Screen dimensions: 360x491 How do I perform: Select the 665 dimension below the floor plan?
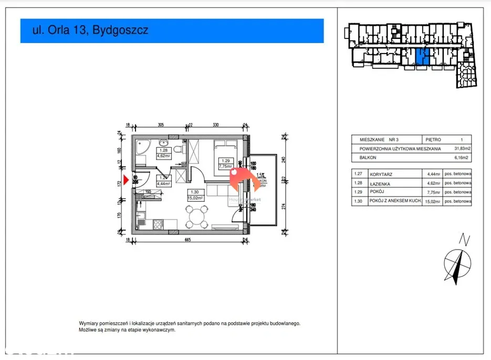click(187, 240)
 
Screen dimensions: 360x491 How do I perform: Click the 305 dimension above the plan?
click(161, 125)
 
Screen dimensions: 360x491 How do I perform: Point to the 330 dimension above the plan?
click(215, 125)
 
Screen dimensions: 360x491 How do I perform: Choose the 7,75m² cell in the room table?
click(432, 192)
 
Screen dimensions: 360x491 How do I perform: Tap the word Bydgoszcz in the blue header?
click(120, 30)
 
